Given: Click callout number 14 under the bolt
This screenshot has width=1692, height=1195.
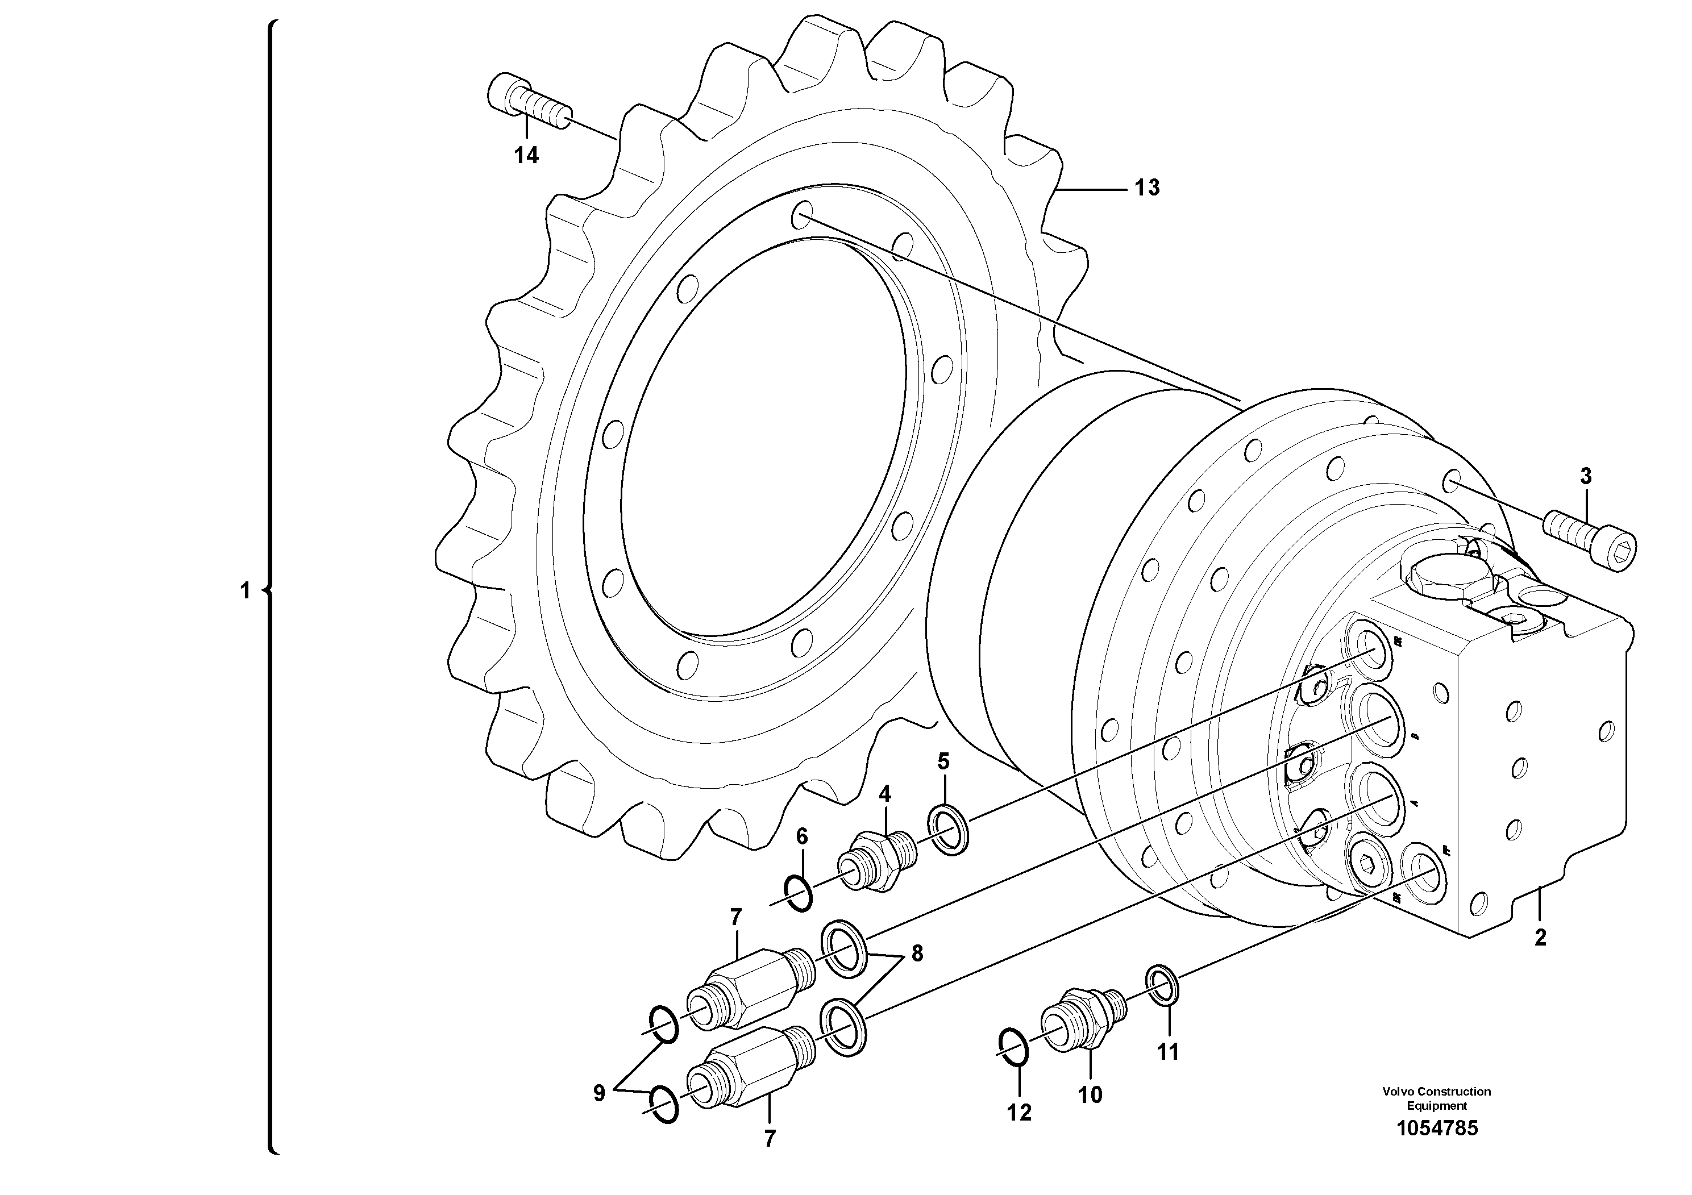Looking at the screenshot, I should coord(526,156).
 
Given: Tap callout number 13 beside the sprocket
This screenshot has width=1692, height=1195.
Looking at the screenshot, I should coord(1147,189).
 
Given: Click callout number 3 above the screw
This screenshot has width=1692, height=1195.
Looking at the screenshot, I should coord(1586,477).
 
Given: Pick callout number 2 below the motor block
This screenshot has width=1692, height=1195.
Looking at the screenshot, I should coord(1540,938).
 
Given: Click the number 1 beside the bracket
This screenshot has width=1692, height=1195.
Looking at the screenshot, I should coord(246,591).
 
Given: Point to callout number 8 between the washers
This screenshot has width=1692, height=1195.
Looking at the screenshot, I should coord(917,954).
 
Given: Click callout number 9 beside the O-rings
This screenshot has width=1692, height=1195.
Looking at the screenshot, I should coord(599,1093).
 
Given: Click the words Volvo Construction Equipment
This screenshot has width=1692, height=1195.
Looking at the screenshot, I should coord(1436,1098).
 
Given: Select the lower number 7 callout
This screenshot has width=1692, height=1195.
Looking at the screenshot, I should coord(770,1139).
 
